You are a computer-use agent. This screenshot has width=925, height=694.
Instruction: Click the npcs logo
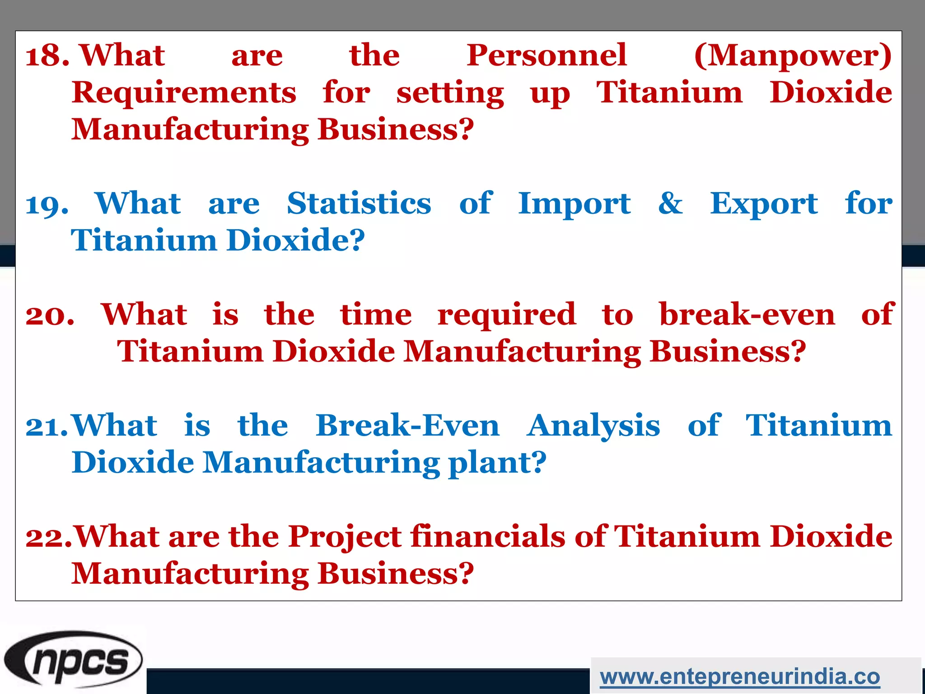tap(74, 660)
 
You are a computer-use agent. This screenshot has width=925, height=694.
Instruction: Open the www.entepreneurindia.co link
tap(740, 677)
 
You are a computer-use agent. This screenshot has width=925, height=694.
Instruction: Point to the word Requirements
tap(184, 93)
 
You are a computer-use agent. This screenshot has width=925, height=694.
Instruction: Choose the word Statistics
tap(359, 204)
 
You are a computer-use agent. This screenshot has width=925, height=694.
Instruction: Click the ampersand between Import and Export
tap(670, 204)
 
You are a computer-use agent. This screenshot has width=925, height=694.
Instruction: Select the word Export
tap(763, 204)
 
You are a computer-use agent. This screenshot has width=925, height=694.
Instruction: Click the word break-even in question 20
tap(747, 314)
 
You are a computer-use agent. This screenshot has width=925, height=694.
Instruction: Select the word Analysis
tap(593, 427)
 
